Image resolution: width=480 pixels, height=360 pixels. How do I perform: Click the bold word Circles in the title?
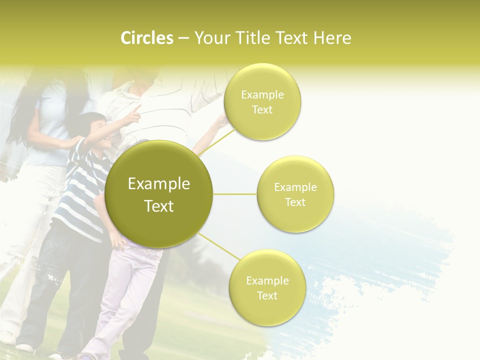coord(146,38)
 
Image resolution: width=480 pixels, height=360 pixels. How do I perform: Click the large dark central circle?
coord(159,194)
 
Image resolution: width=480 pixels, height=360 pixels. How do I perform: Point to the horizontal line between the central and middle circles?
coord(234,194)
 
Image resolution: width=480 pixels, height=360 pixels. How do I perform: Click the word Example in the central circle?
coord(159,184)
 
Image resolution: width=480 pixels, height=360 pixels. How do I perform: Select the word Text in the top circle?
coord(262,110)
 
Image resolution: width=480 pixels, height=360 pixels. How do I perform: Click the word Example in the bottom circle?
coord(267,280)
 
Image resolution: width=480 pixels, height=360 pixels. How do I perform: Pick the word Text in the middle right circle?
coord(295,202)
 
